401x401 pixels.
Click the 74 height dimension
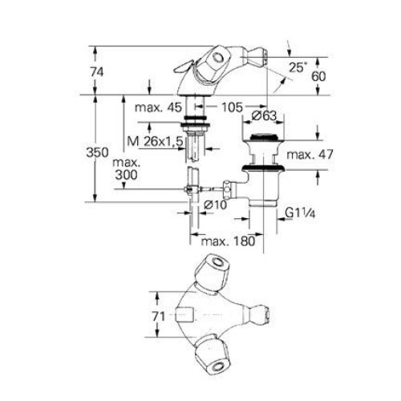pos(97,72)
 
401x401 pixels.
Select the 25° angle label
pos(297,67)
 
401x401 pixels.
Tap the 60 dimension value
pos(318,76)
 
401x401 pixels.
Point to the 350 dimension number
pos(98,152)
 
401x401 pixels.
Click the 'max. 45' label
pos(158,107)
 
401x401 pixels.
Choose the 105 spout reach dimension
pos(232,107)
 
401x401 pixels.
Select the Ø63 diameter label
pos(264,115)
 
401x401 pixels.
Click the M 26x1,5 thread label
pos(155,141)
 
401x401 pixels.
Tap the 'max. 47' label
pos(310,155)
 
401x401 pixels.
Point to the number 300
pos(127,175)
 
